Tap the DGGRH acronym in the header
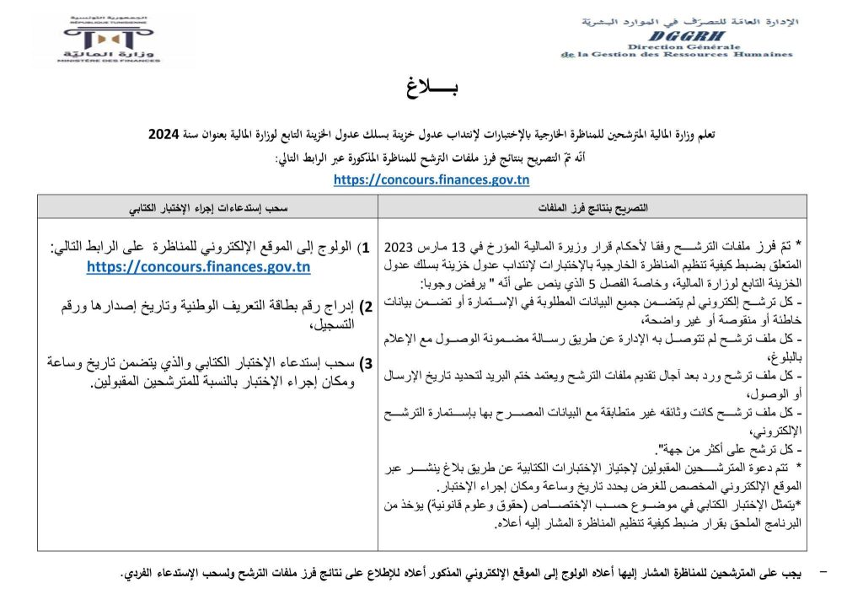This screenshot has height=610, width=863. click(x=678, y=37)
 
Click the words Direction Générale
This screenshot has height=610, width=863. click(x=678, y=46)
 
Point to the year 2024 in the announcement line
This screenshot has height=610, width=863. click(x=164, y=134)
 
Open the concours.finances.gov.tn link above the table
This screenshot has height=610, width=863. click(x=431, y=179)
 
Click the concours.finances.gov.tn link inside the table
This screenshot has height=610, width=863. click(x=198, y=267)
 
